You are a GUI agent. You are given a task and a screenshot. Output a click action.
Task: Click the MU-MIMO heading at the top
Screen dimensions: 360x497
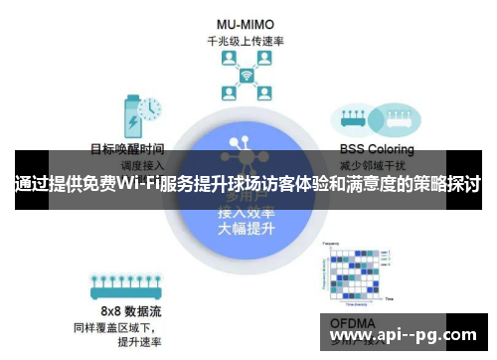click(x=246, y=22)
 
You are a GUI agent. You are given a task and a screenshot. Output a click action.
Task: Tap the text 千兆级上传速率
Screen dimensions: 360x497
click(x=246, y=41)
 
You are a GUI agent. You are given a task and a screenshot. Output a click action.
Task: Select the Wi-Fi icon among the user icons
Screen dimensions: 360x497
click(x=246, y=77)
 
